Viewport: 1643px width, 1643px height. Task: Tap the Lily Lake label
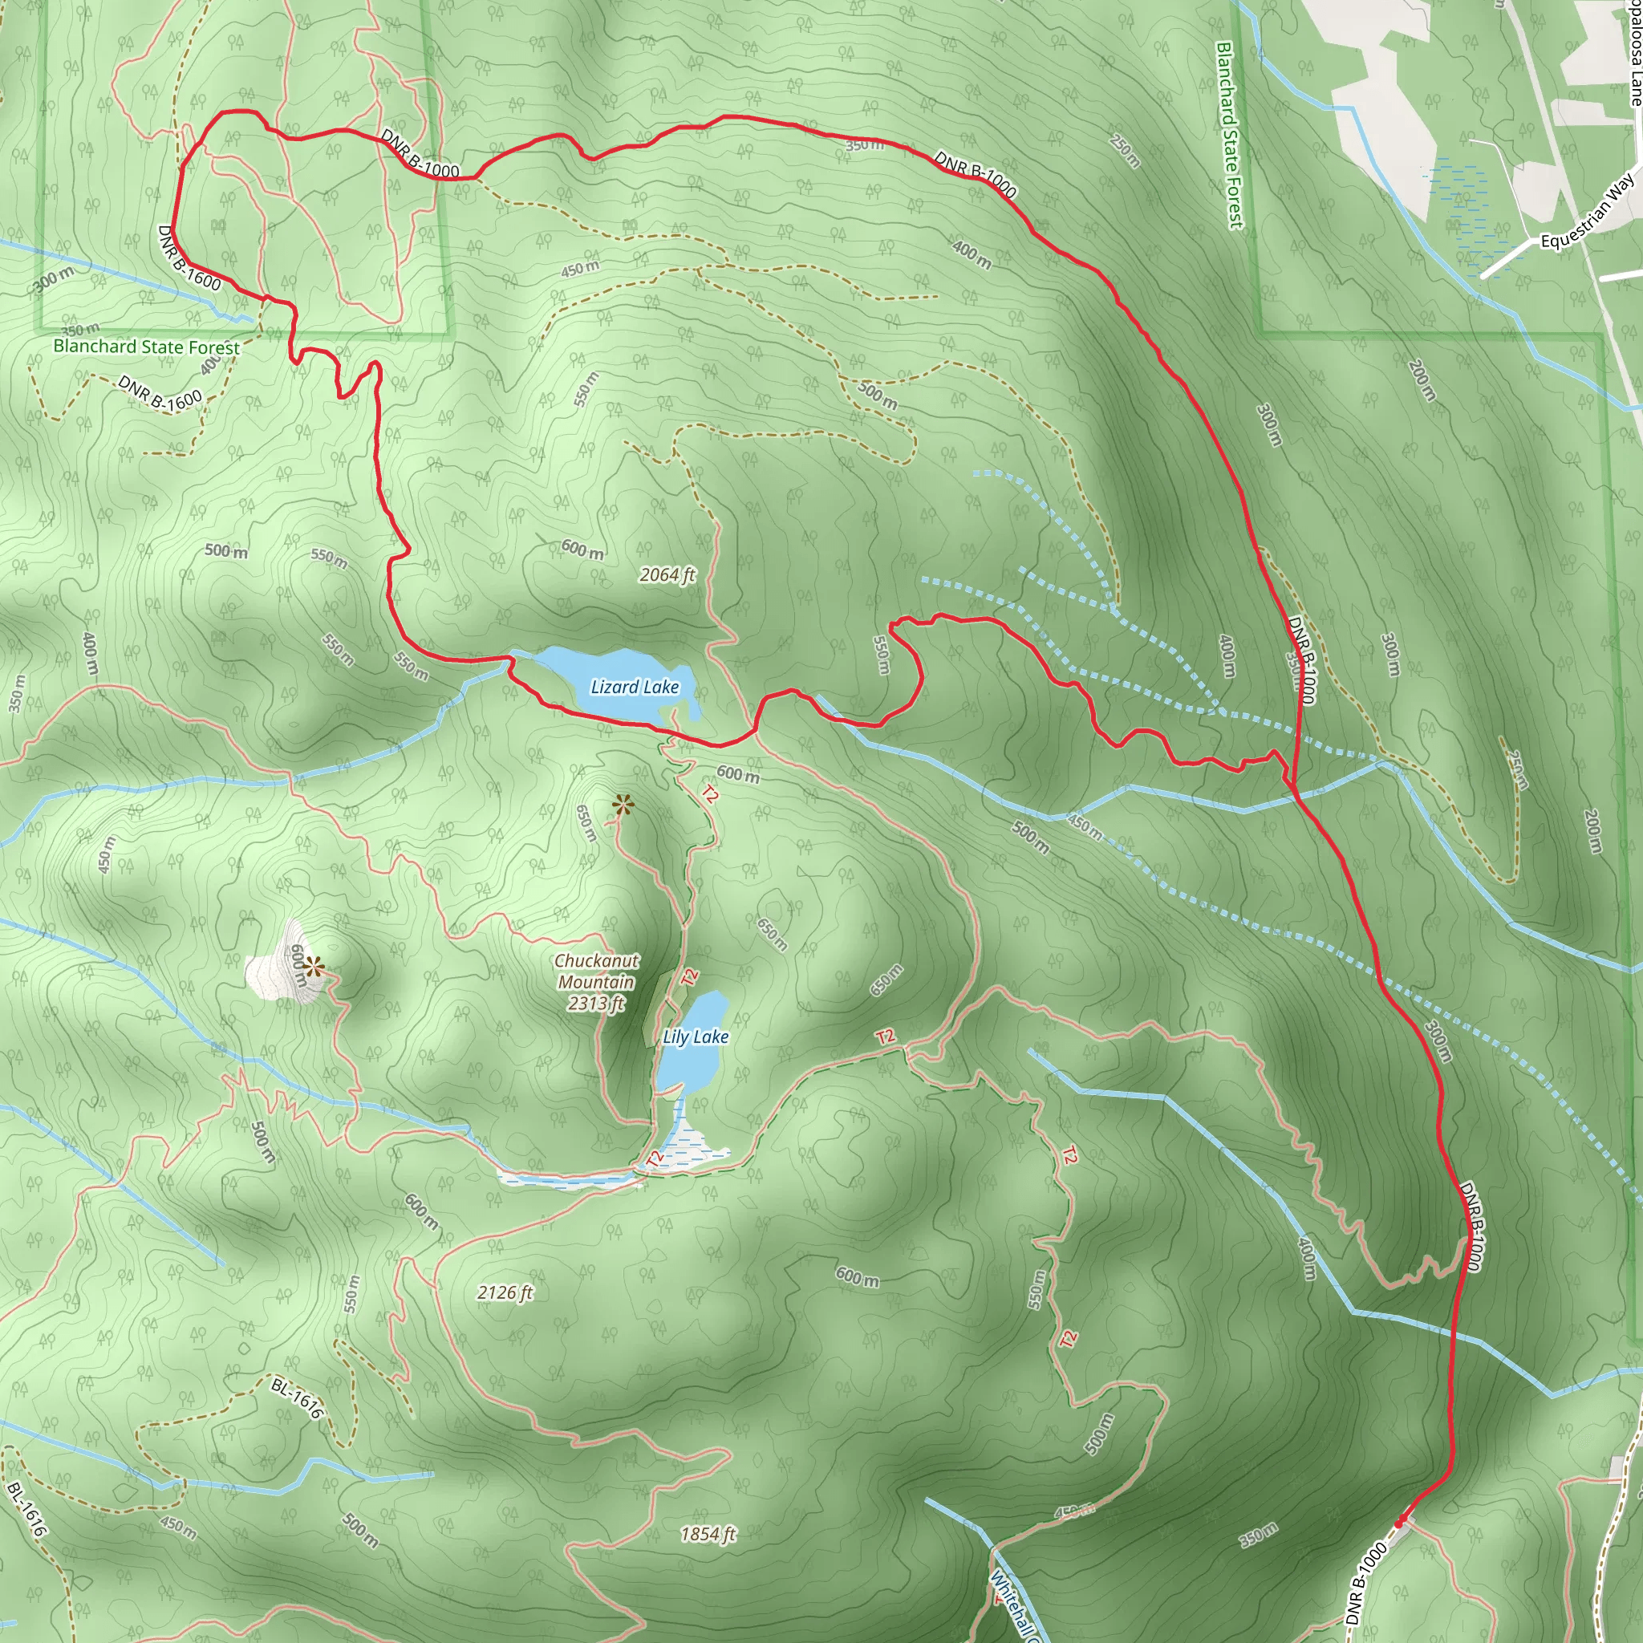coord(696,1037)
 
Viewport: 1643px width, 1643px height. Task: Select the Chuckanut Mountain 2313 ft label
coord(596,982)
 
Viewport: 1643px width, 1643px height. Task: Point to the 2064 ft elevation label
coord(667,575)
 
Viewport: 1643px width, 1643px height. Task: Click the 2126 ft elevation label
coord(505,1292)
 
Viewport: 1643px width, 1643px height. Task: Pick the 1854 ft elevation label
coord(708,1534)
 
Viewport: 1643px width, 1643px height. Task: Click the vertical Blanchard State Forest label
coord(1230,136)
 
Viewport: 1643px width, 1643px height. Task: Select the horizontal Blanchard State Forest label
coord(146,347)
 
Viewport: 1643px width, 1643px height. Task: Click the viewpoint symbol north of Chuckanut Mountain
coord(623,805)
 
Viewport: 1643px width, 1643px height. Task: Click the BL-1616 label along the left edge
coord(26,1509)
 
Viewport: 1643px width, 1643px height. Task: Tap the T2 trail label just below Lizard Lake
coord(709,794)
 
